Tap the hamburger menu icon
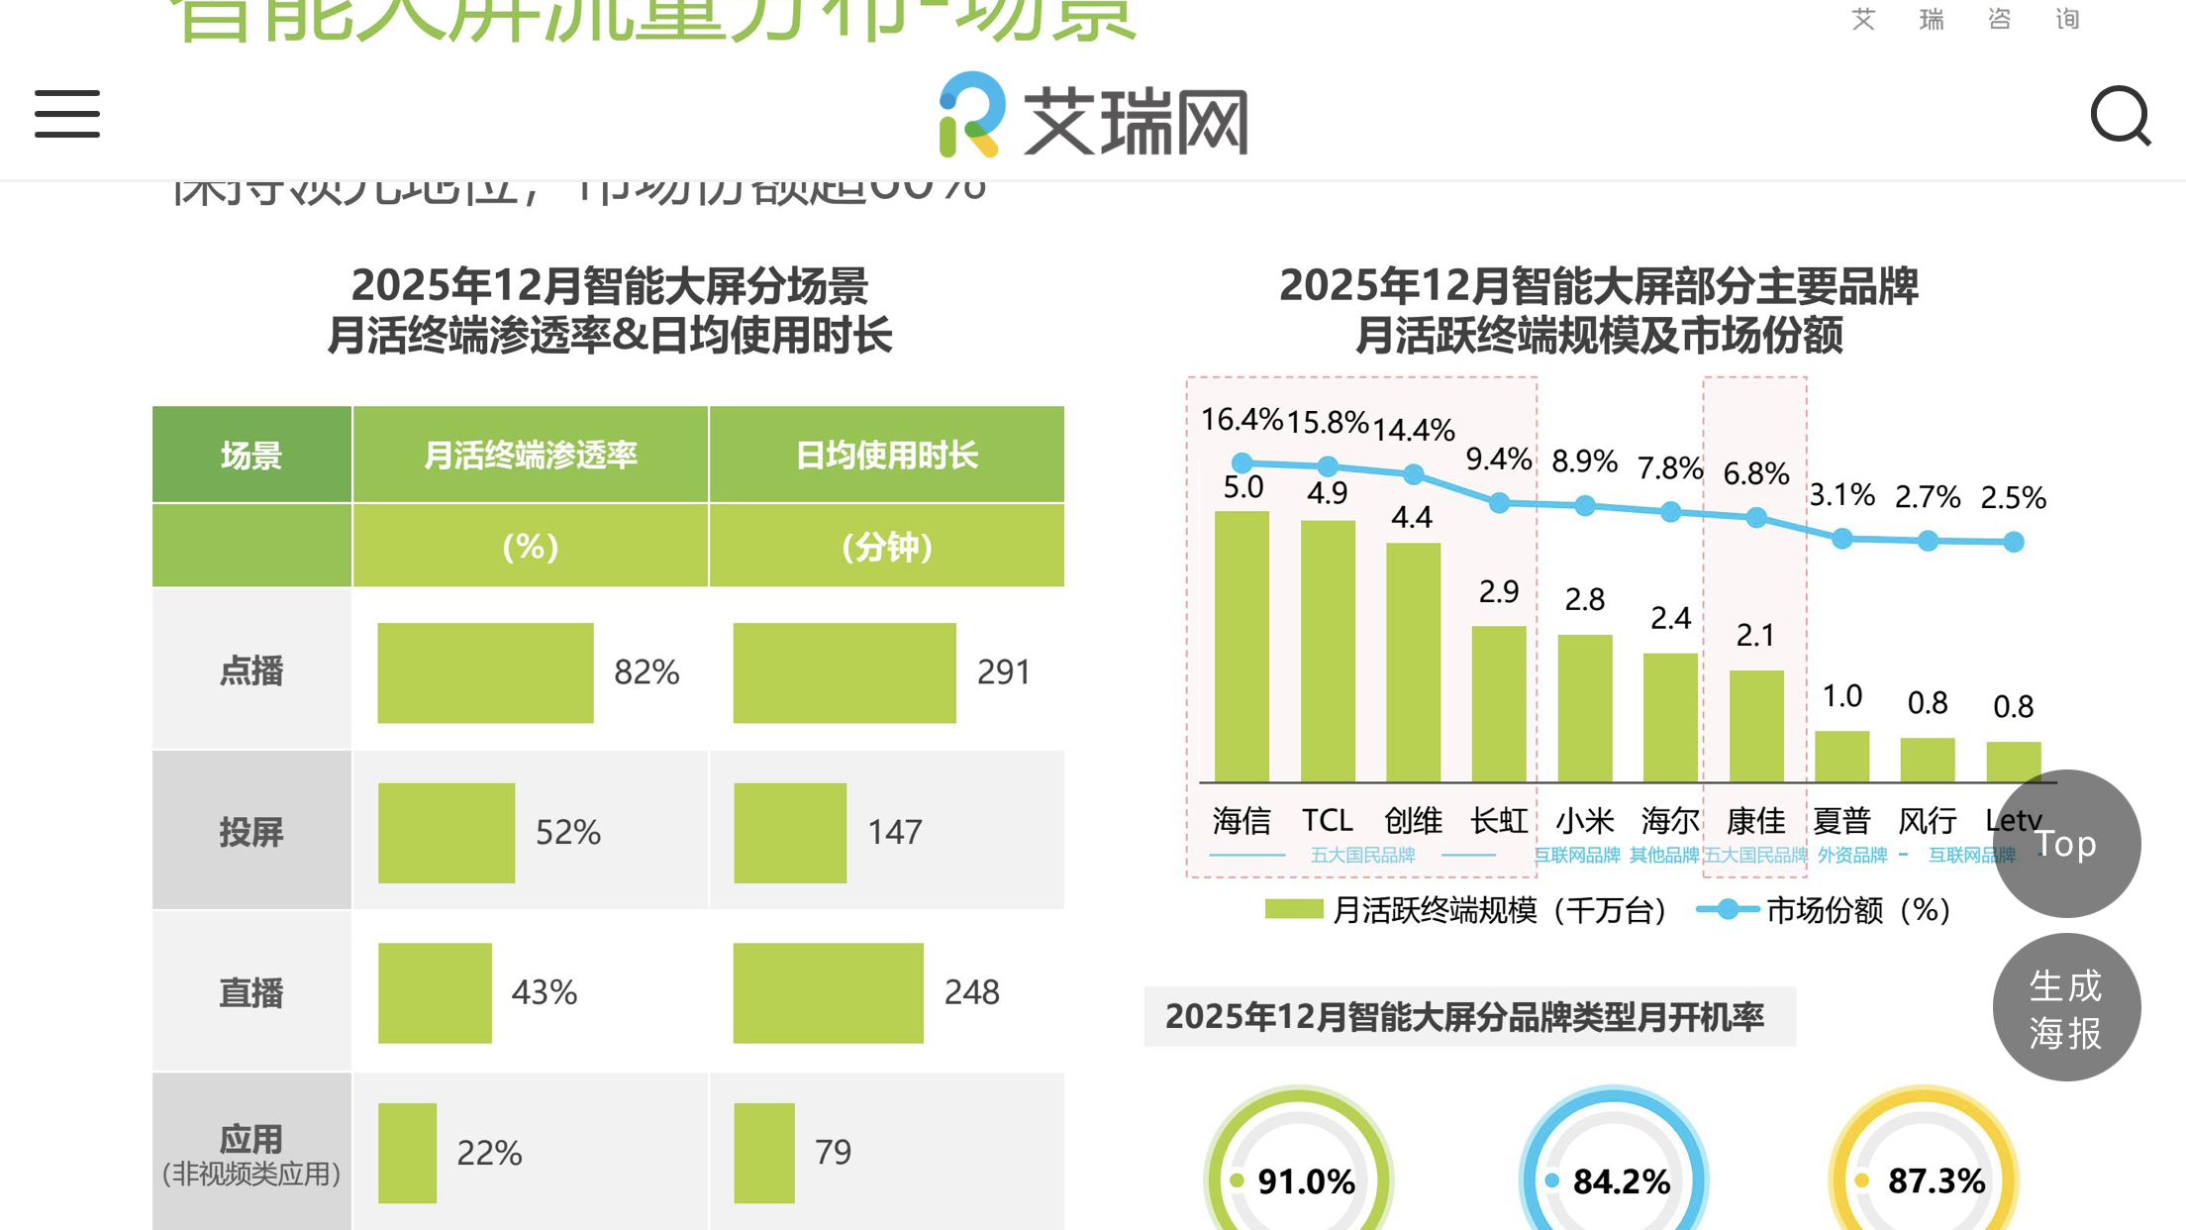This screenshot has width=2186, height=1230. point(67,113)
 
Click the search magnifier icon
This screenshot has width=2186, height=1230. point(2120,116)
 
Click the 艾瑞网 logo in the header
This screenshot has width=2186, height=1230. point(1093,116)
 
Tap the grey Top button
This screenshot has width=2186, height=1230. point(2066,843)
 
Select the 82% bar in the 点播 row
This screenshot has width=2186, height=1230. point(485,672)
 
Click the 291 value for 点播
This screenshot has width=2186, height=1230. point(1003,672)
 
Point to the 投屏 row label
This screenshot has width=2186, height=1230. point(251,832)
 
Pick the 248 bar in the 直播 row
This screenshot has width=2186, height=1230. point(828,992)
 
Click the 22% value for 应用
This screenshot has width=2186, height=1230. point(489,1153)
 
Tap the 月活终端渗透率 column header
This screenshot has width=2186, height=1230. point(530,455)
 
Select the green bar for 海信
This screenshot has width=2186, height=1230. point(1242,646)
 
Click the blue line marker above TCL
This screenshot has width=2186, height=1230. point(1328,465)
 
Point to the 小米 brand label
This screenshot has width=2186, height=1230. point(1584,820)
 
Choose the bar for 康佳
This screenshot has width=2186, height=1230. point(1756,726)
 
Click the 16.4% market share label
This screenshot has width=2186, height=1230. point(1242,420)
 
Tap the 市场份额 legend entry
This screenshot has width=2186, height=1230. point(1824,910)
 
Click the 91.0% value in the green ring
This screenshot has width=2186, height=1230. point(1306,1180)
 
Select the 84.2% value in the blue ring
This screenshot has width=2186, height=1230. point(1621,1180)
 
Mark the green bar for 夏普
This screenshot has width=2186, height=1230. point(1841,757)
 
